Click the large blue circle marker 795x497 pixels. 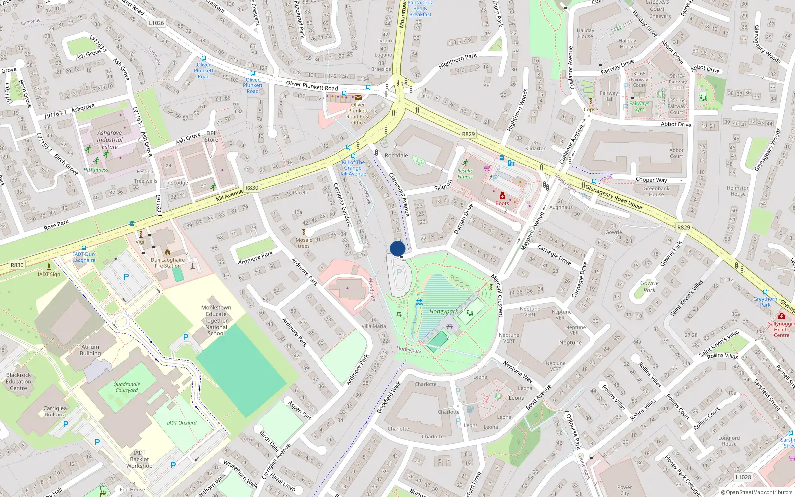(397, 248)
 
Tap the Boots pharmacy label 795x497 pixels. (502, 203)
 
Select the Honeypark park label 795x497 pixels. (444, 312)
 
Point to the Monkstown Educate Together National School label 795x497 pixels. (216, 321)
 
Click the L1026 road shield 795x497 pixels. (156, 23)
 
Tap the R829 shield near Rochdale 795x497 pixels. (468, 134)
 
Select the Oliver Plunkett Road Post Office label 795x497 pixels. (358, 114)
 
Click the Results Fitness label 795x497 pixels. (465, 174)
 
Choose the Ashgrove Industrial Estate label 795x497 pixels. (110, 140)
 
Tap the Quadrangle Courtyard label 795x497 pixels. (127, 387)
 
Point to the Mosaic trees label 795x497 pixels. (304, 243)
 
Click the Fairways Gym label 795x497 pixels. (639, 106)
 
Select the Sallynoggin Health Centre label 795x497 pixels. (781, 329)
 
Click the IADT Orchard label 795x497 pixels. (181, 423)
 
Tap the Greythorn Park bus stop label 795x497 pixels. (765, 302)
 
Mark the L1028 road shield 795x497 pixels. (743, 477)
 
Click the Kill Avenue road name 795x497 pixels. (230, 195)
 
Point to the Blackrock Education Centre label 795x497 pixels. (19, 382)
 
